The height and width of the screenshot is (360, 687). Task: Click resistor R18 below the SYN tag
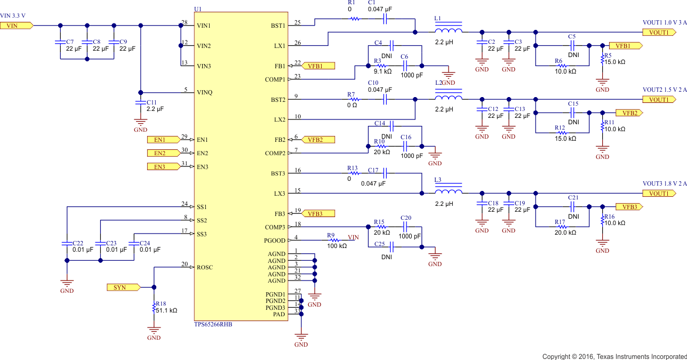(x=154, y=308)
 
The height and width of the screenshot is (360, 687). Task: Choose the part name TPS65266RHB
(x=213, y=324)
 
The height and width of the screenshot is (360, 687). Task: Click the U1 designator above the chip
(x=198, y=9)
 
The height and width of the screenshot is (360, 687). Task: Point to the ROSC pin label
(x=204, y=267)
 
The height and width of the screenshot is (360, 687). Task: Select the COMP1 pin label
(x=274, y=79)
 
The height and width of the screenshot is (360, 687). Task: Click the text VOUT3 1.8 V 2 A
(x=664, y=184)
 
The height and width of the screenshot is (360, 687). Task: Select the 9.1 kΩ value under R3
(x=382, y=71)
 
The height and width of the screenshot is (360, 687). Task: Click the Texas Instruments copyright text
(x=614, y=356)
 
